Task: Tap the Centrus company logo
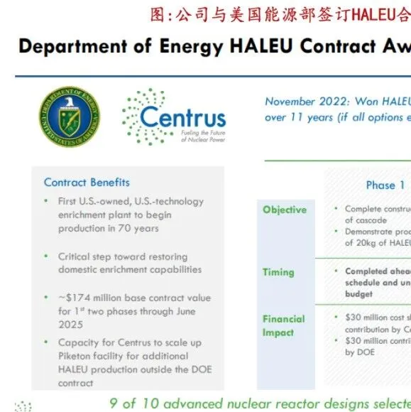coord(174,116)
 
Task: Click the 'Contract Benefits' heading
coord(87,183)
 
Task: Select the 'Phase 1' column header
coord(385,185)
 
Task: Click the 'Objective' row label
coord(285,210)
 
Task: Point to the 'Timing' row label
coord(278,272)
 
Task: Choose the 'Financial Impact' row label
coord(284,326)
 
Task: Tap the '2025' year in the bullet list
coord(72,324)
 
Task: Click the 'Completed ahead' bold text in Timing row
coord(378,271)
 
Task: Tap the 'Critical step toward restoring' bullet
coord(123,256)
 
